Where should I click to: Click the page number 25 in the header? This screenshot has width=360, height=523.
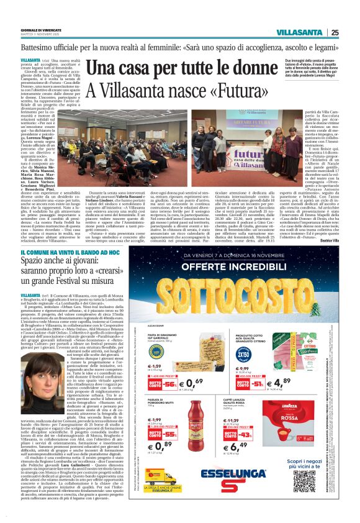[x=335, y=32]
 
